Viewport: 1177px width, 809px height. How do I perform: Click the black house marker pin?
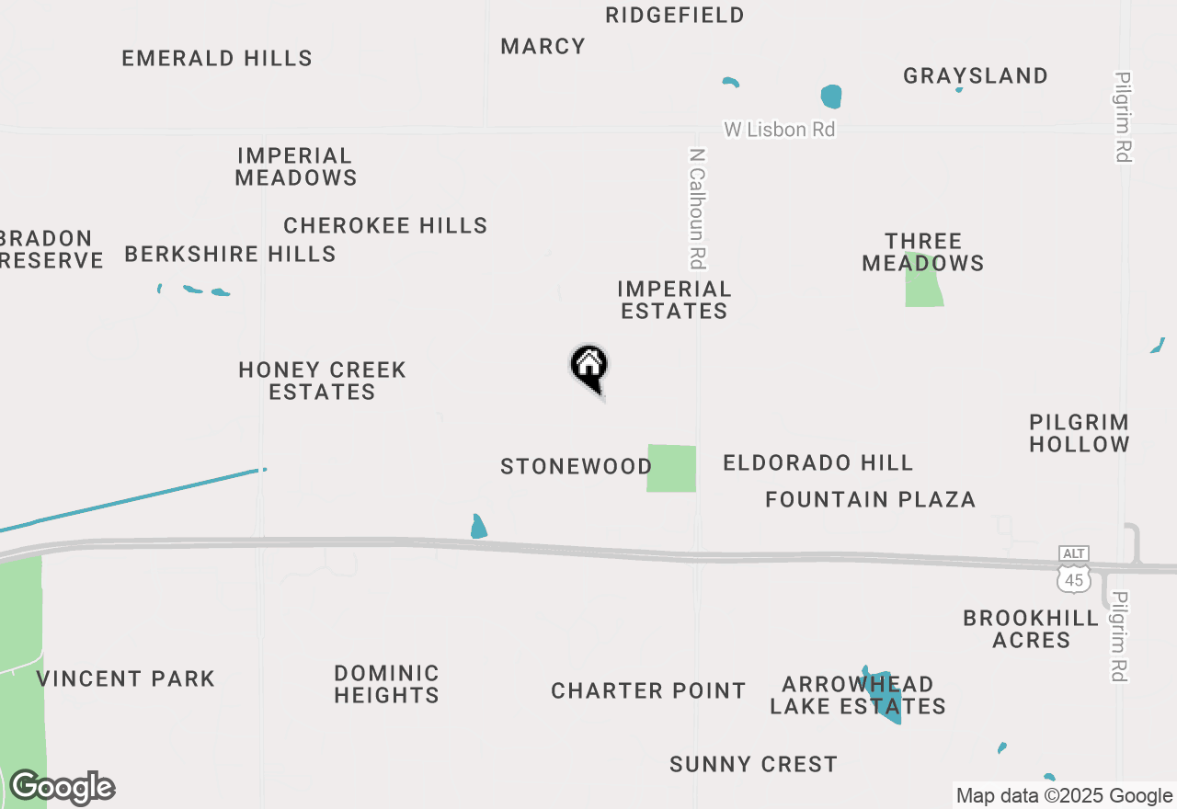[589, 367]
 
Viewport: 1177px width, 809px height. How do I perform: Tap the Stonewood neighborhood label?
[577, 467]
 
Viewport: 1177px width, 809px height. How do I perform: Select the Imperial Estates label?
[674, 301]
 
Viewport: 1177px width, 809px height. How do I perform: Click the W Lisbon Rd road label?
[779, 130]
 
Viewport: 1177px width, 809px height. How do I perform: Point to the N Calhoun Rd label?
[698, 209]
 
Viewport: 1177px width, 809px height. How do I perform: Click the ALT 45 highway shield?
[1073, 569]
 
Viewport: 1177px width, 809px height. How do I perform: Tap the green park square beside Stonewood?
[671, 468]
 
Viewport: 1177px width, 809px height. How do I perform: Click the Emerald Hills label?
[217, 59]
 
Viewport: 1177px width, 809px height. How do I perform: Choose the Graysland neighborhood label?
[976, 76]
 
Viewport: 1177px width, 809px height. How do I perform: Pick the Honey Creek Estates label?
[322, 381]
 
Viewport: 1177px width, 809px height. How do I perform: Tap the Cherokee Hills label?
[385, 226]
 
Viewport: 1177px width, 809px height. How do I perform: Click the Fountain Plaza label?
[870, 500]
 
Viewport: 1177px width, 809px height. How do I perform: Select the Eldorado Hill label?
[817, 463]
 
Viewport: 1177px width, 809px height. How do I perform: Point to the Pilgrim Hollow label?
[1079, 433]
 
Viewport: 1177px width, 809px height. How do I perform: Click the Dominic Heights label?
[386, 684]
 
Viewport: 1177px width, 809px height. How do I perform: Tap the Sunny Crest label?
[753, 765]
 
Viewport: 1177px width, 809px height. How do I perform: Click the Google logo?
[63, 788]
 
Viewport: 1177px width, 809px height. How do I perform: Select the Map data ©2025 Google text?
[1064, 796]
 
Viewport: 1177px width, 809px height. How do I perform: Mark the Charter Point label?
[648, 691]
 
